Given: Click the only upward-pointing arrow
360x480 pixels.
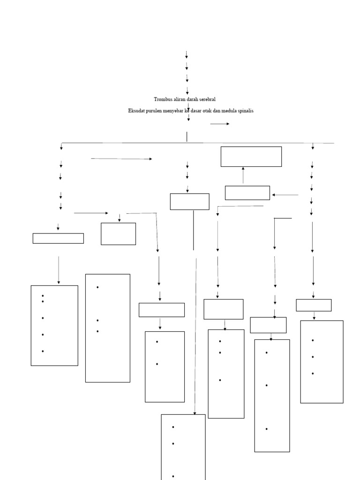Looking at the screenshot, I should click(243, 175).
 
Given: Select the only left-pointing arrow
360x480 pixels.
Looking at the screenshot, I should click(285, 195).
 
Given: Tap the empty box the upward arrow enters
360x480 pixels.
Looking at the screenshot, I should click(251, 157).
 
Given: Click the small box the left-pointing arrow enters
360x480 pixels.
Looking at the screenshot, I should click(247, 193).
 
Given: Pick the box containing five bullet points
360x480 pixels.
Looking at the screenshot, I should click(54, 325).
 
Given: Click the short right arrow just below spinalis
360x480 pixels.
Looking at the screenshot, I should click(220, 124).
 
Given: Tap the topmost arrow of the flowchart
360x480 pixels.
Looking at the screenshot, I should click(187, 54).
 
